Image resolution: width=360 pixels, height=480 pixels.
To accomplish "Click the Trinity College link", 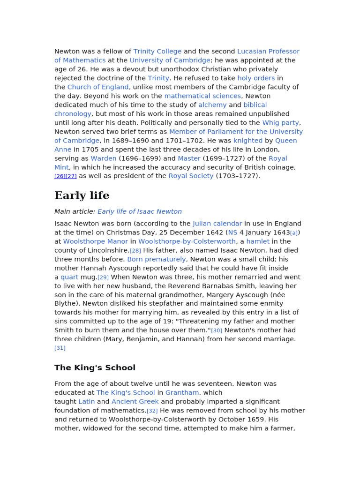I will (x=157, y=52).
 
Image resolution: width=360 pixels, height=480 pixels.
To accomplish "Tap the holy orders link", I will (x=256, y=78).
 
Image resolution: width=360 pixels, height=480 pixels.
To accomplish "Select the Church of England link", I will (x=98, y=87).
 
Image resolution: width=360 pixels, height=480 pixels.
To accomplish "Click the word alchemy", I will (x=212, y=105).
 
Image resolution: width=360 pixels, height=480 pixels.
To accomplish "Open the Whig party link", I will (x=280, y=123).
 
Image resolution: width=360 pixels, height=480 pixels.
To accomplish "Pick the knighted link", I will (x=248, y=141).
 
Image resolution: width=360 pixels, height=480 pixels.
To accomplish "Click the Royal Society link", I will (x=191, y=176).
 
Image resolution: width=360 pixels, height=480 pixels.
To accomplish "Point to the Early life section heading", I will (x=82, y=196).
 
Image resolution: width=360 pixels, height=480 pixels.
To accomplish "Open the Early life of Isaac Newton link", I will (x=140, y=212).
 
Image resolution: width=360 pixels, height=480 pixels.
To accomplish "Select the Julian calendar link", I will (x=217, y=224).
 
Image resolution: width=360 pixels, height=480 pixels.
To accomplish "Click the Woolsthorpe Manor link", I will (x=96, y=242).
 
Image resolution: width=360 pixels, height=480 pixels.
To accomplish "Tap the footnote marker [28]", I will (x=135, y=251).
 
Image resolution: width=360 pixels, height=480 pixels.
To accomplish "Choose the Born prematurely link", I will (x=157, y=260).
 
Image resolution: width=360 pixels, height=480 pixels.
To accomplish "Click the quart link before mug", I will (x=69, y=277).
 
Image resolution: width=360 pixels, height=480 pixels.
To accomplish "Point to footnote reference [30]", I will (x=217, y=331).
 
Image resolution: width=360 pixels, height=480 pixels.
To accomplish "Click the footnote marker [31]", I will (x=60, y=348).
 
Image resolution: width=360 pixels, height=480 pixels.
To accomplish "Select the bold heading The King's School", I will (x=95, y=368).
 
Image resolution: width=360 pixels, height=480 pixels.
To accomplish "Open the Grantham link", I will (x=182, y=393).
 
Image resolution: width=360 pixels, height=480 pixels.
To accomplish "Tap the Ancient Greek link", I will (x=135, y=402).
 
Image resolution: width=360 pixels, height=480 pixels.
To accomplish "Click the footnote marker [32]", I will (x=152, y=411).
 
